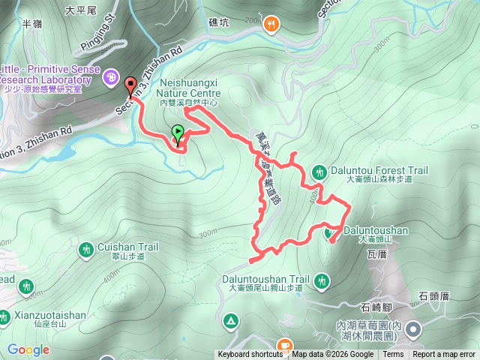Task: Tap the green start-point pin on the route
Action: pos(178,133)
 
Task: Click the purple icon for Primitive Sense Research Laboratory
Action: pos(111,76)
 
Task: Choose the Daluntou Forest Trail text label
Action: pos(379,171)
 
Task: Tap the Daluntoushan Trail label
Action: pos(265,278)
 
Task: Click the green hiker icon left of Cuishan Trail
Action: pos(87,248)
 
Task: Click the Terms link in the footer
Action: pos(393,355)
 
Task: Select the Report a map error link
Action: pos(444,355)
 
